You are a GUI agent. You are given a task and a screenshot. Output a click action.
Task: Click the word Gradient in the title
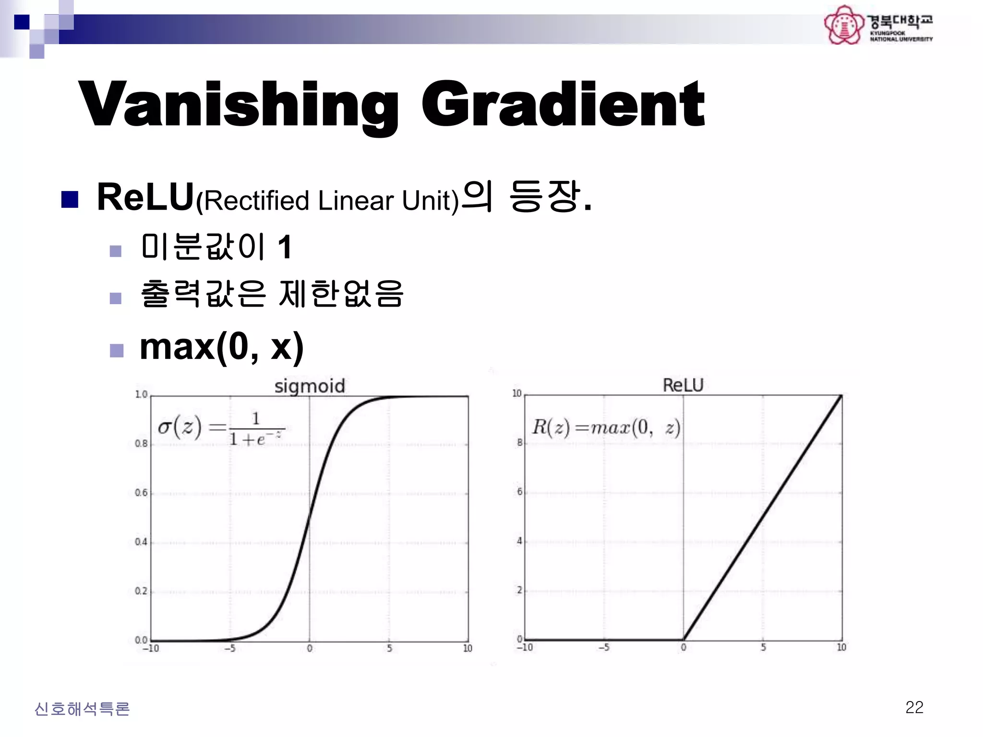563,105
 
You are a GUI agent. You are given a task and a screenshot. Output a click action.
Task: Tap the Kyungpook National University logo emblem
843,25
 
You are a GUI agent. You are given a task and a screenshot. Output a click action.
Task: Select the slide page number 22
914,707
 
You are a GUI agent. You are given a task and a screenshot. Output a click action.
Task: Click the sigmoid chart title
310,386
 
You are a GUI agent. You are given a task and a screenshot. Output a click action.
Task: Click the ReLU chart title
683,385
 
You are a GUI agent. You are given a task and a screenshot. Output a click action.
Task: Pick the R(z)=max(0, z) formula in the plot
606,427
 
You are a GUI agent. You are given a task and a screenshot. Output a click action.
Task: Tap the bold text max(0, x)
221,346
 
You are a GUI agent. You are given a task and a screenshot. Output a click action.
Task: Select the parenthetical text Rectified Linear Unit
328,201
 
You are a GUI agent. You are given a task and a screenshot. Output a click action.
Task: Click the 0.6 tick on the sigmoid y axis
141,493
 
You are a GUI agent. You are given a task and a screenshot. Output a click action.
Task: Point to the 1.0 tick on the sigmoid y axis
141,394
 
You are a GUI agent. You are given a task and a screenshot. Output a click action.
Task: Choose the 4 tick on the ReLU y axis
519,541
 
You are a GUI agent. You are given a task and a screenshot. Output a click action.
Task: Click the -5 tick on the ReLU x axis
604,648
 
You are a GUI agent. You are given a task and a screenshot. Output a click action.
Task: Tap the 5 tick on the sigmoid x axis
389,649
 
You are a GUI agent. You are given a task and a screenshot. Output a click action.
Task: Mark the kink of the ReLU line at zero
683,639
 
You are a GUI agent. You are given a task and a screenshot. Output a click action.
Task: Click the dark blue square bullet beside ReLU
70,199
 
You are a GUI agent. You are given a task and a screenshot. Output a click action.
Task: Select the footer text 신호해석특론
82,709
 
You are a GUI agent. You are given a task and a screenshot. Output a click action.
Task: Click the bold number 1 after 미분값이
285,247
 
